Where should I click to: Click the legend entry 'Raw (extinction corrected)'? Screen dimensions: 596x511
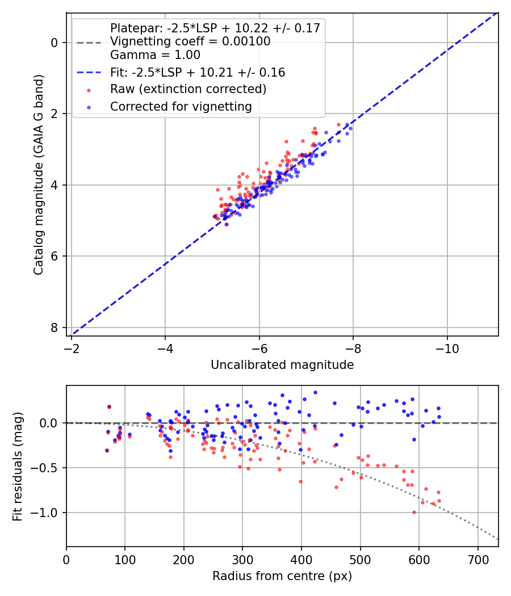pos(188,89)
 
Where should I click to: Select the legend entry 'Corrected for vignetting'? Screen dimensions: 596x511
pos(181,106)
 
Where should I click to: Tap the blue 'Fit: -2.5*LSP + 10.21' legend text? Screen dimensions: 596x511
pos(198,73)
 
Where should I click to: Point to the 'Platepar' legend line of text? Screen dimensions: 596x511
pos(215,28)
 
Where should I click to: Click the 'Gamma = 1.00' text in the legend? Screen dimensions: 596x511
pos(155,55)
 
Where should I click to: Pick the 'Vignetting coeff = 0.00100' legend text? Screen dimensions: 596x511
pos(190,41)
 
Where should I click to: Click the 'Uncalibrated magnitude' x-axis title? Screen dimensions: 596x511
pos(282,365)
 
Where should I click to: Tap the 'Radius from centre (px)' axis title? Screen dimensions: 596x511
pos(282,576)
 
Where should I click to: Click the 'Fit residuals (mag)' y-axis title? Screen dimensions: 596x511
pos(18,466)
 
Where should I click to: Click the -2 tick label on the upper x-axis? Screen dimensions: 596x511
pos(72,346)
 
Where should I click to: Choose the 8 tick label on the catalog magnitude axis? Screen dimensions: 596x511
pos(55,328)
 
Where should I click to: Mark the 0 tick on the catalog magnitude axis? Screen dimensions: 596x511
pos(55,43)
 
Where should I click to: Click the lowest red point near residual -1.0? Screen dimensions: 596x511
pos(414,512)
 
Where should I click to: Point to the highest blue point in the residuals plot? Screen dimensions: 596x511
pos(315,392)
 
